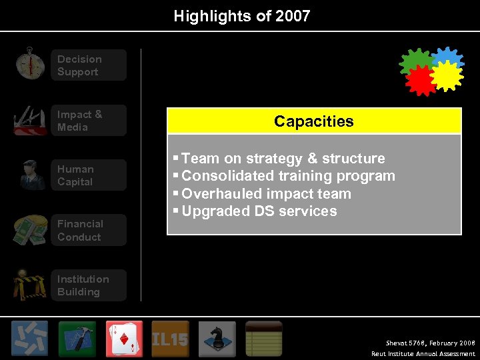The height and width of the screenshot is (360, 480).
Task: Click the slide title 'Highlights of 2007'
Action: pyautogui.click(x=242, y=16)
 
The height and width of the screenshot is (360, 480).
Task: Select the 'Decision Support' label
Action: pyautogui.click(x=79, y=65)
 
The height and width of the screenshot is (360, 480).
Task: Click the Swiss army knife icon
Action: pyautogui.click(x=31, y=121)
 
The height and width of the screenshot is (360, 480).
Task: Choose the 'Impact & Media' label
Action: pyautogui.click(x=80, y=121)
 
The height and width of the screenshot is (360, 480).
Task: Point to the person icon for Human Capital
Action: pyautogui.click(x=31, y=175)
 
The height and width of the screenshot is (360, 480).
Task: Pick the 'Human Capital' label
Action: pyautogui.click(x=75, y=175)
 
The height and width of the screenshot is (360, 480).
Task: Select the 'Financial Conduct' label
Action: pyautogui.click(x=80, y=230)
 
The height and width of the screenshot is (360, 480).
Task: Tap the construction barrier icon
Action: pyautogui.click(x=31, y=285)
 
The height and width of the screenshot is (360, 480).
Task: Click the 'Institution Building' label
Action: pyautogui.click(x=83, y=285)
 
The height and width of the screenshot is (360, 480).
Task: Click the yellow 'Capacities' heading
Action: pyautogui.click(x=313, y=121)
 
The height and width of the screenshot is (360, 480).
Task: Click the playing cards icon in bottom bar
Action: pyautogui.click(x=123, y=339)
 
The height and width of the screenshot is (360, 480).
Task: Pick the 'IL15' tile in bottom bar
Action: pyautogui.click(x=170, y=339)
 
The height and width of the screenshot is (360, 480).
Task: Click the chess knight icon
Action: pyautogui.click(x=217, y=339)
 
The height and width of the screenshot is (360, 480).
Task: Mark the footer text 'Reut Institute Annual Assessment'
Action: pyautogui.click(x=423, y=354)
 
